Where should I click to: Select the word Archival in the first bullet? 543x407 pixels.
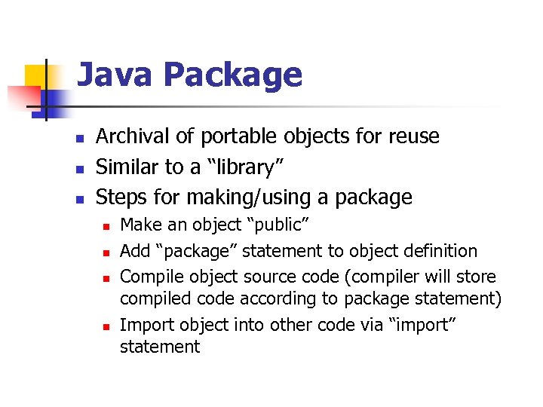(x=132, y=136)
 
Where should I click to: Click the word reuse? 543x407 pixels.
(x=413, y=136)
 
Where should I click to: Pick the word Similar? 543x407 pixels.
(x=129, y=167)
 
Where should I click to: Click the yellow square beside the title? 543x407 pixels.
(x=37, y=77)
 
